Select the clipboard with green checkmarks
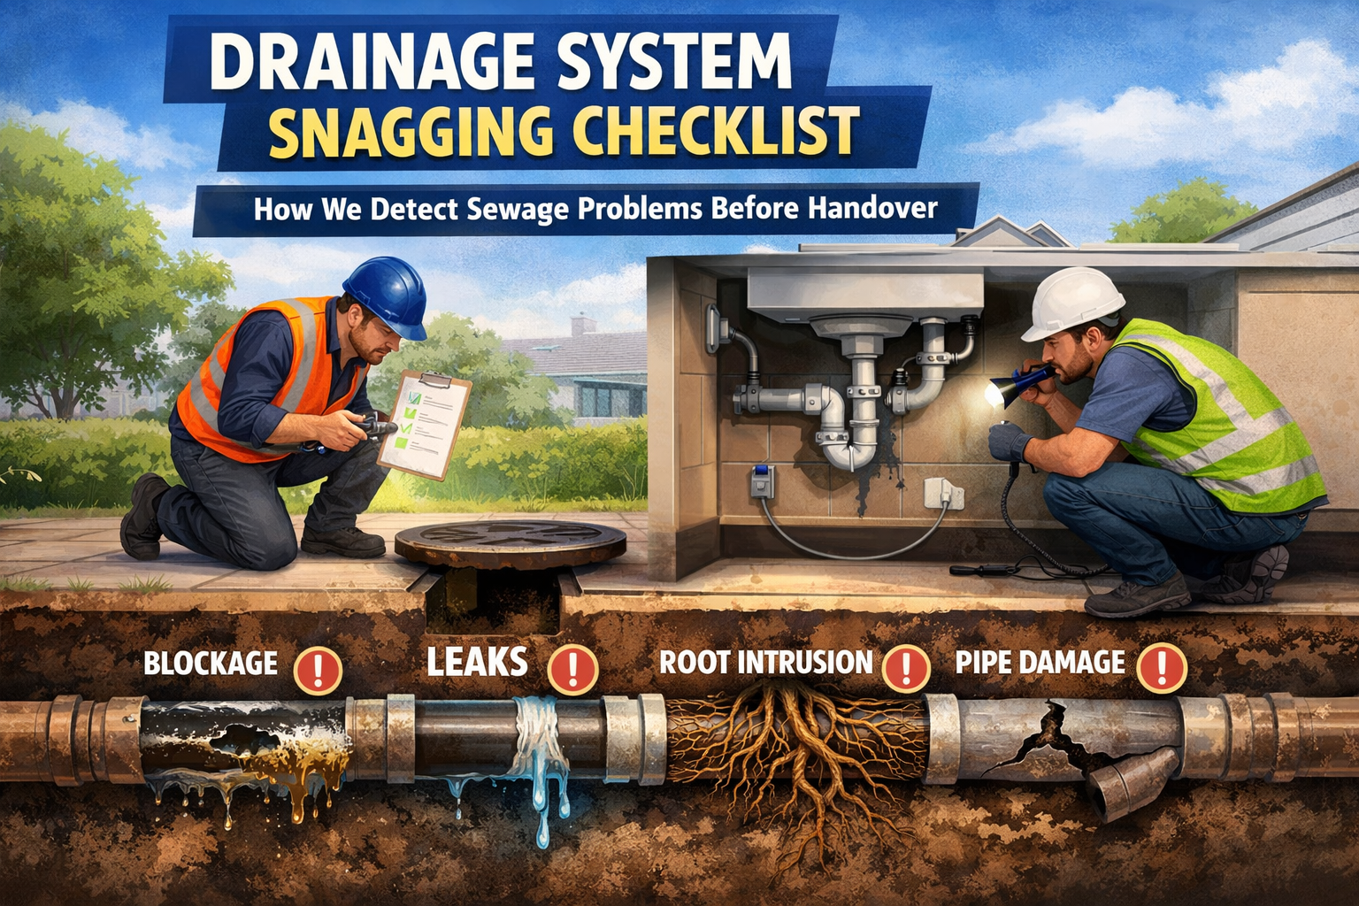pos(424,424)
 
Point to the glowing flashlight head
pos(997,393)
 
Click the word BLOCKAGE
pos(211,664)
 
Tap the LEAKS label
pos(477,662)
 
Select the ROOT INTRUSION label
pos(765,662)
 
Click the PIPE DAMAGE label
pos(1040,662)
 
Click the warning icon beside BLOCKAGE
pos(318,670)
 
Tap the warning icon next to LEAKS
pos(572,669)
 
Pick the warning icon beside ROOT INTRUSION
pos(906,668)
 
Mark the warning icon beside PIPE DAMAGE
pos(1162,668)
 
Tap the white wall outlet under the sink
pos(943,493)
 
